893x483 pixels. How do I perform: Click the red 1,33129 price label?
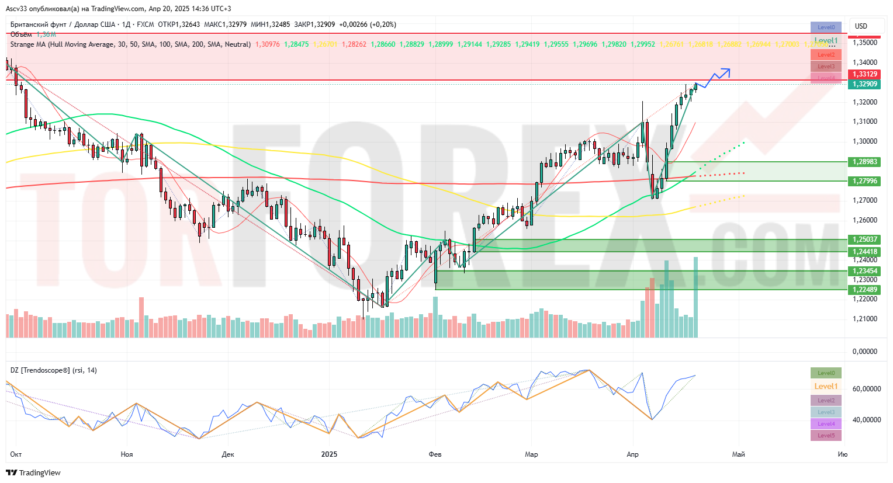(864, 74)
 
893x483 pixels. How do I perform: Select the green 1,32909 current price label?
(864, 84)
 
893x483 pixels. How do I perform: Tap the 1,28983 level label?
(864, 162)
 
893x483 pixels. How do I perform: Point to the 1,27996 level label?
(864, 181)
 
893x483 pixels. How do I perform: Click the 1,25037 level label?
(864, 239)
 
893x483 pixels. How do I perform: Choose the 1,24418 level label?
(864, 252)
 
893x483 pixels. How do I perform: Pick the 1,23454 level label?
(864, 271)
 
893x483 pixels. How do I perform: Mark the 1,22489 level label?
(864, 290)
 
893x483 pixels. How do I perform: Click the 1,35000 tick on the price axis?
(864, 43)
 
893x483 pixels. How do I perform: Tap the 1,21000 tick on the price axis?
(864, 319)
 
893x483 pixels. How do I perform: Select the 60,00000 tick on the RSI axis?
(866, 389)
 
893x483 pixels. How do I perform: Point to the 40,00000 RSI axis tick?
(866, 420)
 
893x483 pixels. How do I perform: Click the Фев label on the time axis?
(435, 454)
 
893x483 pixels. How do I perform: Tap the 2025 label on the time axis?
(330, 454)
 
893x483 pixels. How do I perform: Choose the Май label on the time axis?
(739, 454)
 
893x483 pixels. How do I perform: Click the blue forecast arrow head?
(726, 71)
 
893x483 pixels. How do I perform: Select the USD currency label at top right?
(861, 26)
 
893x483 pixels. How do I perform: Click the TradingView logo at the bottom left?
(34, 472)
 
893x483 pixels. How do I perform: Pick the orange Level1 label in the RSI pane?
(826, 387)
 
